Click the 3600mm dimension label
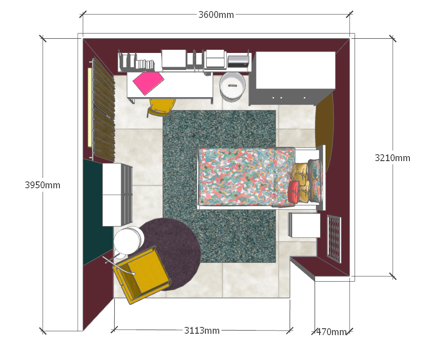click(x=216, y=15)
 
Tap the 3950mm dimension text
click(x=43, y=185)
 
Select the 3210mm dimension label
click(x=392, y=158)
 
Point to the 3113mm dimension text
click(x=202, y=331)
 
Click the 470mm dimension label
click(x=332, y=332)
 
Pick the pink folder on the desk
click(x=148, y=82)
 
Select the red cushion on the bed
click(x=293, y=192)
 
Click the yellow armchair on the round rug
click(x=141, y=275)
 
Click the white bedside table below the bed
click(x=304, y=225)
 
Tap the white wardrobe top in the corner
click(x=296, y=70)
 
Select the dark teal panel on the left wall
click(x=98, y=212)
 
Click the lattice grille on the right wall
click(x=334, y=239)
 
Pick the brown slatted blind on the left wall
click(x=104, y=110)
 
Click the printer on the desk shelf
click(x=238, y=61)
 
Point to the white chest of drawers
click(x=117, y=195)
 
